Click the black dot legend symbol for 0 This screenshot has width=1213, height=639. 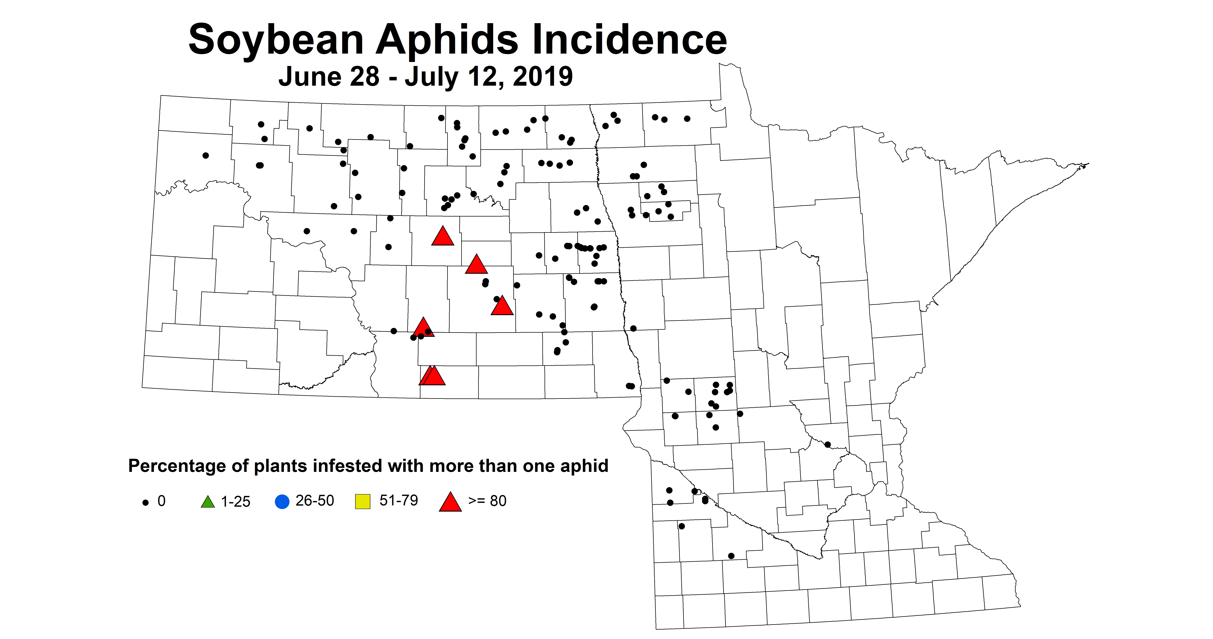click(145, 503)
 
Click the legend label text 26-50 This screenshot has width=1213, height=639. click(315, 500)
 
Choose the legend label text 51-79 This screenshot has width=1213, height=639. click(398, 500)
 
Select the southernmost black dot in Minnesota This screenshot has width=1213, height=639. click(731, 556)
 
